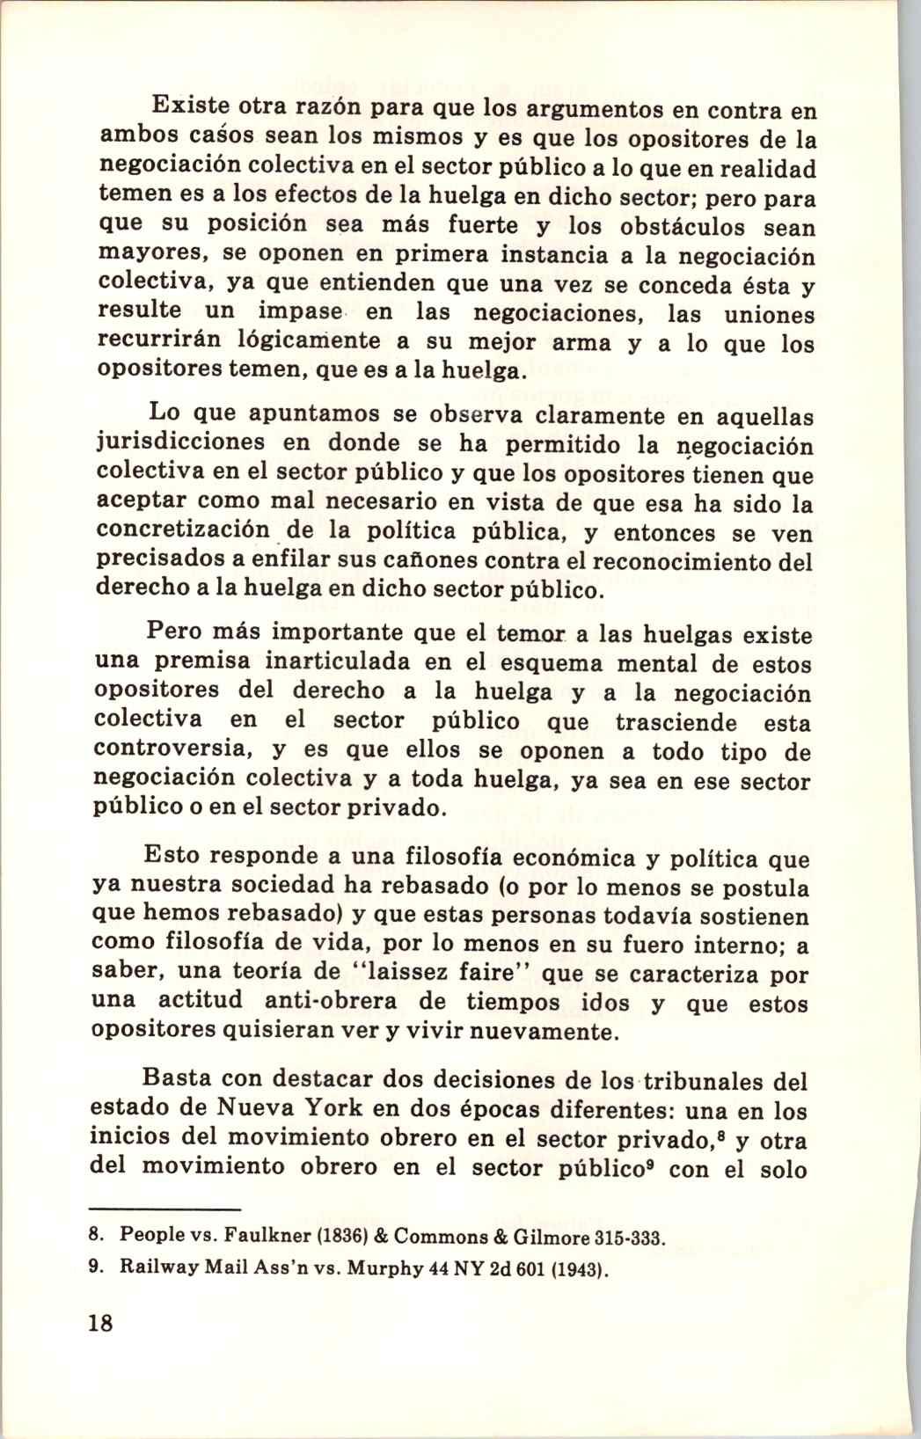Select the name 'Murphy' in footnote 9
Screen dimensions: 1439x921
click(x=369, y=1271)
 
